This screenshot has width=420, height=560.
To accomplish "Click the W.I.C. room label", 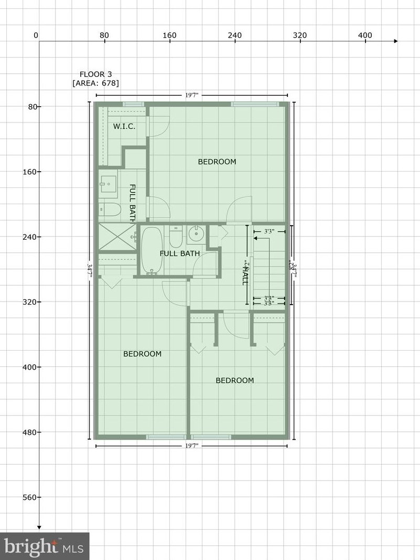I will tap(125, 126).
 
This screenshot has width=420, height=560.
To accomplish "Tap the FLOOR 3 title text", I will tap(95, 74).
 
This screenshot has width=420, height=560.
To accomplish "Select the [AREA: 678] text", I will tap(95, 83).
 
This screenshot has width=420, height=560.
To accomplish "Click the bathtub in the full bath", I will tap(152, 250).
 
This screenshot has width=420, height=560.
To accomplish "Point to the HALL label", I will tap(244, 273).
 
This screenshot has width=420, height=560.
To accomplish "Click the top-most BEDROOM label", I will tap(217, 162).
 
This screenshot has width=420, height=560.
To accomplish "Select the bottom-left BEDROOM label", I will tap(142, 354).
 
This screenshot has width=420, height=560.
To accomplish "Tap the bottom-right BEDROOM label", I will tap(235, 380).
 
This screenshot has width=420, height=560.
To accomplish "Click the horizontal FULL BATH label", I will tap(180, 254).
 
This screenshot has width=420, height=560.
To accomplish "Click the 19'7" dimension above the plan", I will tap(191, 95).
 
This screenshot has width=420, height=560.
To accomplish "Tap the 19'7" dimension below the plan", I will tap(191, 446).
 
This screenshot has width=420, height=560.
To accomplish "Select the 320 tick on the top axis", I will tap(300, 36).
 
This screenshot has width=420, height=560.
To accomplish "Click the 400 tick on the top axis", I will tap(365, 36).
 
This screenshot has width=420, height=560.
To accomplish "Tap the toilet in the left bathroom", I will tap(110, 210).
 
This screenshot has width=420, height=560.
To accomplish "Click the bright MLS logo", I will tap(45, 546).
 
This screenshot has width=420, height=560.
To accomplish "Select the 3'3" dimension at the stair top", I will tap(269, 231).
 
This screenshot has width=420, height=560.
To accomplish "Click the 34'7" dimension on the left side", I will tap(90, 272).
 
